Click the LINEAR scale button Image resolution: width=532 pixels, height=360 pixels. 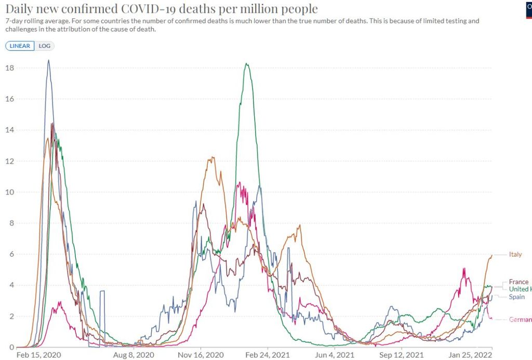pyautogui.click(x=20, y=46)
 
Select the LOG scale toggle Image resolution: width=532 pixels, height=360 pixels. pyautogui.click(x=45, y=46)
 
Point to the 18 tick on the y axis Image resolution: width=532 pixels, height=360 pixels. pyautogui.click(x=9, y=68)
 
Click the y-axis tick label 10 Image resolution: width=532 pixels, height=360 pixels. pyautogui.click(x=9, y=192)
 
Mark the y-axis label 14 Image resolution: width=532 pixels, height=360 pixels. pyautogui.click(x=9, y=130)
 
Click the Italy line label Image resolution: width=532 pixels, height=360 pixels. pyautogui.click(x=515, y=255)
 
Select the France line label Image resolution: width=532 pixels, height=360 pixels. pyautogui.click(x=518, y=282)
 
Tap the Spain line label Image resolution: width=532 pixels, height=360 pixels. pyautogui.click(x=516, y=296)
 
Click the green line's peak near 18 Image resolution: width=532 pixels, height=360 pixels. pyautogui.click(x=246, y=64)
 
